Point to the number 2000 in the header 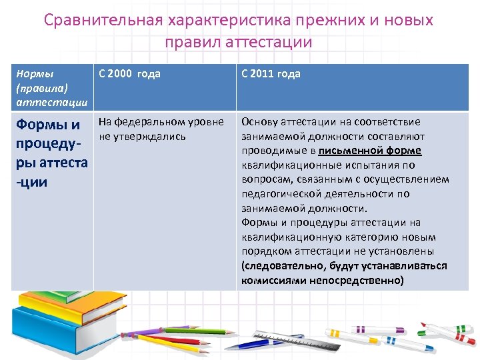[120, 74]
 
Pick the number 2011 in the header [263, 74]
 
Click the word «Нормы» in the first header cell [34, 74]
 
